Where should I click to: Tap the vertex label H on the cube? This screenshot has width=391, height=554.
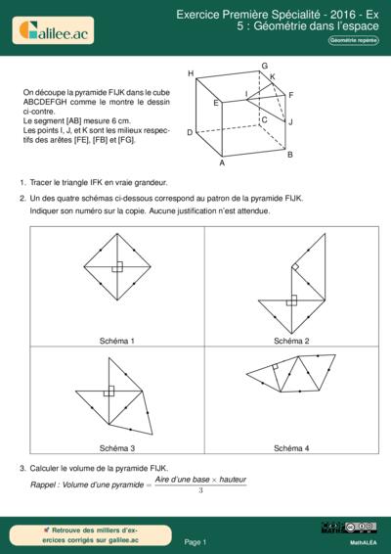click(x=191, y=73)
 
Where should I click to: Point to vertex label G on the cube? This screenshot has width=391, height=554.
click(x=265, y=66)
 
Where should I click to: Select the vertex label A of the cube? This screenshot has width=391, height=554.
click(x=222, y=163)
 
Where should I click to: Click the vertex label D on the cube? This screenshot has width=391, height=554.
click(x=190, y=132)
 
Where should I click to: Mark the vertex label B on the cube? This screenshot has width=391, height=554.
click(x=290, y=154)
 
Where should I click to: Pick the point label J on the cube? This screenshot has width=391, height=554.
click(x=290, y=122)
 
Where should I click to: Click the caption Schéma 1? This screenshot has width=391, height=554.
click(x=117, y=341)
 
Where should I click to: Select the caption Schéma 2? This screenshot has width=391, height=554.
click(x=291, y=341)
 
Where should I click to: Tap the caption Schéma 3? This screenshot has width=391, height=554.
click(x=117, y=447)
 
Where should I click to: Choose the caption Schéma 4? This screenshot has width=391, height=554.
click(x=291, y=447)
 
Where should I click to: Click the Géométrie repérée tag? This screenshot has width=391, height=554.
click(x=354, y=41)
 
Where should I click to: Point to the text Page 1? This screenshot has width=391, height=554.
click(x=195, y=541)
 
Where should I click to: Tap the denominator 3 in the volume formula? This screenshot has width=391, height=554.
click(x=200, y=489)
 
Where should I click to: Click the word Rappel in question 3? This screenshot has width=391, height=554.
click(x=46, y=485)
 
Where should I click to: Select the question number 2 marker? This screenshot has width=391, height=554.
click(x=22, y=198)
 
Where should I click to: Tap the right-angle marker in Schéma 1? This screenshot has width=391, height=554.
click(x=116, y=267)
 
